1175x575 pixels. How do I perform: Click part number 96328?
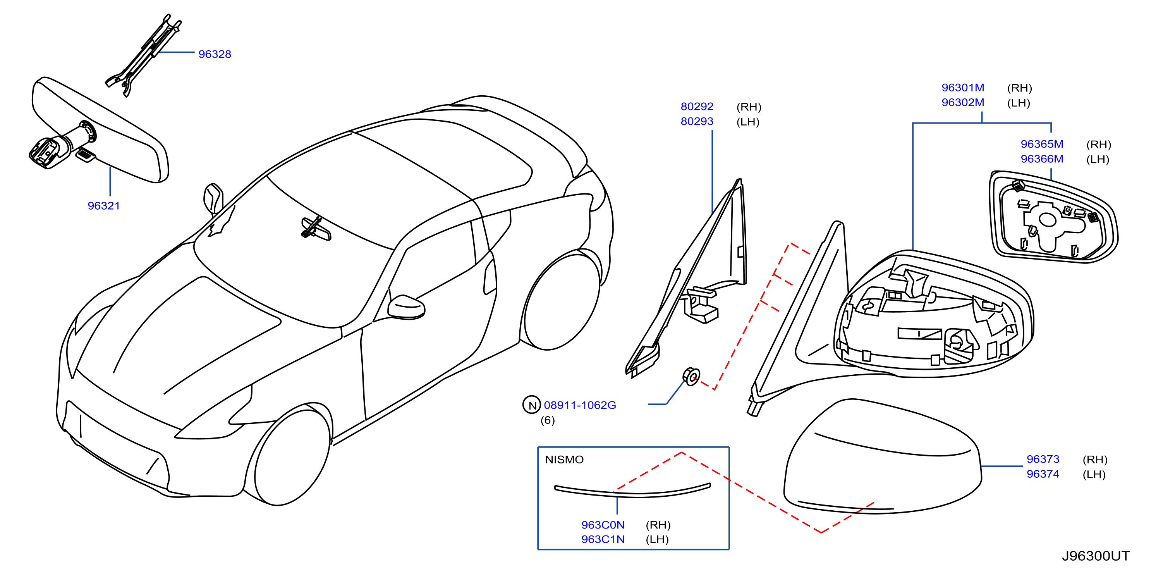coord(215,54)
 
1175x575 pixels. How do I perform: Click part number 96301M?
coord(962,88)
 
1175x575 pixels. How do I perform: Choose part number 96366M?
coord(1041,159)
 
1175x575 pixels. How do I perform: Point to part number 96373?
coord(1043,459)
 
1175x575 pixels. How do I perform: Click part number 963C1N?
coord(603,539)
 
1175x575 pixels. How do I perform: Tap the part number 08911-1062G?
coord(580,405)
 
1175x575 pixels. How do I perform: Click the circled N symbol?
coord(531,405)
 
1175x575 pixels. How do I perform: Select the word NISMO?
coord(564,460)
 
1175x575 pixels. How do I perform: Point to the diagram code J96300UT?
coord(1096,556)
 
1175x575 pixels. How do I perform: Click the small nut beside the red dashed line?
coord(691,377)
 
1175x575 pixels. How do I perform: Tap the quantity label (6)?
coord(547,420)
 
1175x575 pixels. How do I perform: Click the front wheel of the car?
coord(292,456)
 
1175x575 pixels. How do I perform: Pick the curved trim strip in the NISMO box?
coord(632,491)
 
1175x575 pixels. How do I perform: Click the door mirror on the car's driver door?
coord(406,307)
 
